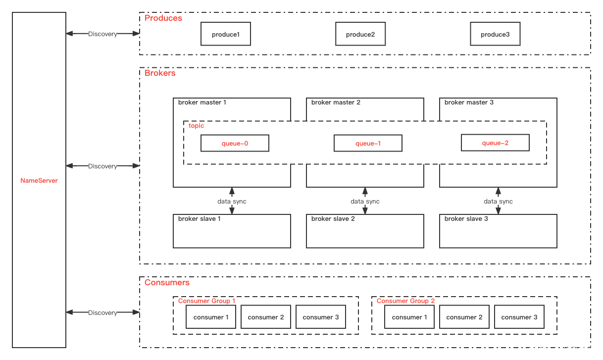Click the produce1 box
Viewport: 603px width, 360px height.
[x=226, y=34]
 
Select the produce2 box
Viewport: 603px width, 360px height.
[x=360, y=34]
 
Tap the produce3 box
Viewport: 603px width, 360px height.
[x=495, y=34]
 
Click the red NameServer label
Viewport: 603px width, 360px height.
[x=39, y=181]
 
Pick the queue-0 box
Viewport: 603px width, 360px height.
[x=235, y=144]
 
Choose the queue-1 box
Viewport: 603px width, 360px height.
[x=368, y=144]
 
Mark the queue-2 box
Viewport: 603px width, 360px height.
[x=495, y=143]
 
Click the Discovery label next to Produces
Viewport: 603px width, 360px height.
[x=102, y=34]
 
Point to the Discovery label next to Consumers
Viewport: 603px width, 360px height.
[x=102, y=312]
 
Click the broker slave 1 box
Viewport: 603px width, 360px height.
[x=232, y=231]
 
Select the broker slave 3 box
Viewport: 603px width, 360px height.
[x=498, y=231]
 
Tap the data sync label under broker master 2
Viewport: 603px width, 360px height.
[x=365, y=201]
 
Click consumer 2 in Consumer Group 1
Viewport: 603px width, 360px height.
[x=266, y=317]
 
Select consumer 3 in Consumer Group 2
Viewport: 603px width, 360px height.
[x=519, y=317]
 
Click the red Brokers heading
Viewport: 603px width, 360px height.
[x=160, y=73]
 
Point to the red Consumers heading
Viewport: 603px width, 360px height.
[x=167, y=282]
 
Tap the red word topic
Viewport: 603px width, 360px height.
[x=196, y=126]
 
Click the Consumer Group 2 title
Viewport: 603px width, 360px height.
[x=405, y=301]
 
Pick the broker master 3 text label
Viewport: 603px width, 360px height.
[x=469, y=103]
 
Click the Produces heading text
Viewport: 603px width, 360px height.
[x=163, y=18]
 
